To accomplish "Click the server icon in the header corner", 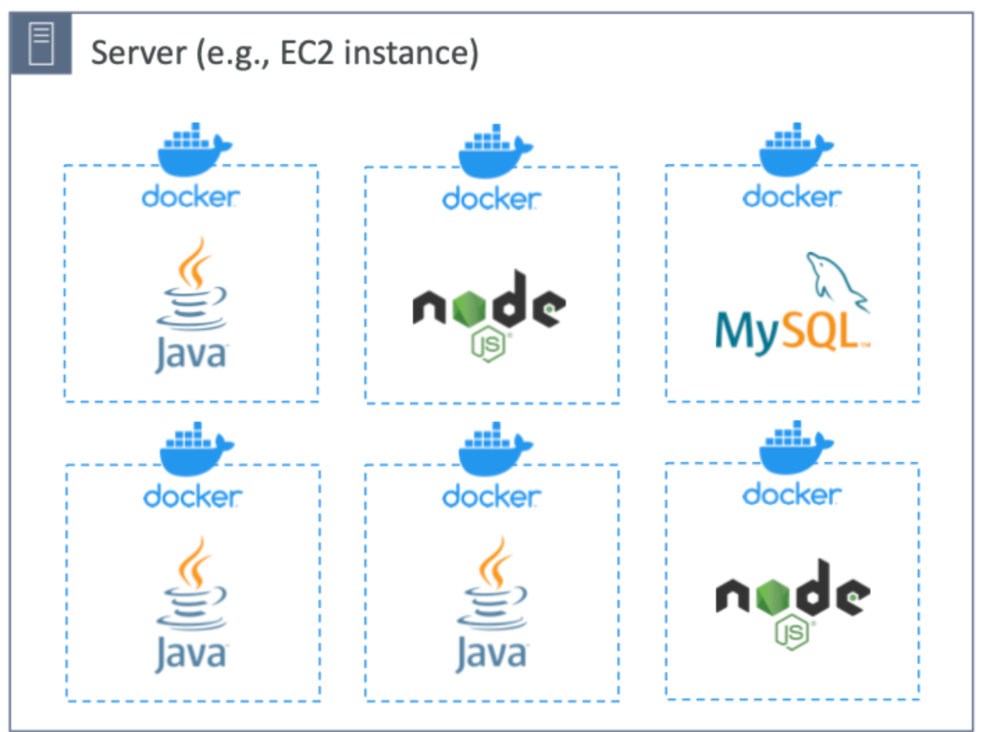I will [x=41, y=43].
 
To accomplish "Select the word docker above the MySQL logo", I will [x=792, y=197].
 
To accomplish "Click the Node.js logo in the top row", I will [x=489, y=306].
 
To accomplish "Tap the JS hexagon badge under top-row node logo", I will [x=489, y=344].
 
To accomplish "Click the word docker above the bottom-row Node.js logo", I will [x=792, y=495].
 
